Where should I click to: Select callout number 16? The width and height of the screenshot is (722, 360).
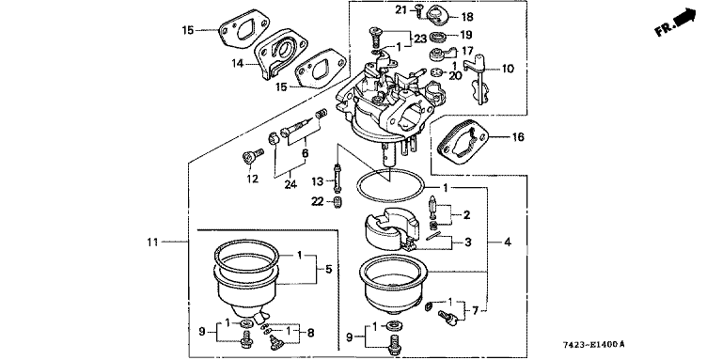coord(518,137)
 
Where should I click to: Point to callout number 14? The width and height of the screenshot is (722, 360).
coord(238,63)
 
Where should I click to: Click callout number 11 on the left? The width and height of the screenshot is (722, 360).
coord(153,242)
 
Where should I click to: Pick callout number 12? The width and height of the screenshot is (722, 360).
coord(252,179)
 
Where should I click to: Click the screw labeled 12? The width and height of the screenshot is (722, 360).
coord(252,157)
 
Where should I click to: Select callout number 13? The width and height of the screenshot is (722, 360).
coord(318,181)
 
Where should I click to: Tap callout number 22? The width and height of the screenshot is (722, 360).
coord(318,202)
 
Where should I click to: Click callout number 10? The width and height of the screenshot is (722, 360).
coord(508,69)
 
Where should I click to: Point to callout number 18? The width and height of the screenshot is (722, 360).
coord(467,18)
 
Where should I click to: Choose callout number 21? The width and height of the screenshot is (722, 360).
coord(402,8)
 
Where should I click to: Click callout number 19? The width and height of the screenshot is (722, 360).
coord(466,35)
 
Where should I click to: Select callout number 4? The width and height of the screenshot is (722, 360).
coord(508,242)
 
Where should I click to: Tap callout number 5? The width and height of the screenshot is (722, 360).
coord(328,270)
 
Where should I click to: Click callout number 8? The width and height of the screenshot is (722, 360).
coord(310,332)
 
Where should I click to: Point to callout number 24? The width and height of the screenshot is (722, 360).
coord(290,185)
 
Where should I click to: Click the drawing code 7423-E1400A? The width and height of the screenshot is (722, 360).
coord(594,344)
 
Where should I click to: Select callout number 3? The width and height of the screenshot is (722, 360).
coord(468,243)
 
